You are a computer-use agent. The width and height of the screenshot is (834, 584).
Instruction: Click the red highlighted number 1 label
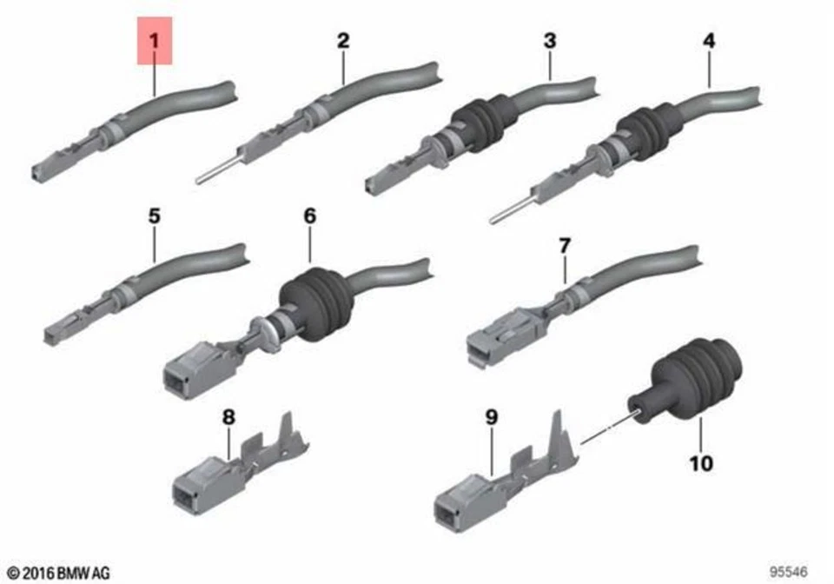(155, 41)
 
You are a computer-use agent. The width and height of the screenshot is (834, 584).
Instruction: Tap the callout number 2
(343, 40)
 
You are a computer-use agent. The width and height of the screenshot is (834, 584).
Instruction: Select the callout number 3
(549, 40)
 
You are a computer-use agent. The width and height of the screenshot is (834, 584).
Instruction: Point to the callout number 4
(710, 40)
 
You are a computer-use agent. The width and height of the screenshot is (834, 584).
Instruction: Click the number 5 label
(154, 216)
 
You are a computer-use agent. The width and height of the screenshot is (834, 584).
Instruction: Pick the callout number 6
(310, 216)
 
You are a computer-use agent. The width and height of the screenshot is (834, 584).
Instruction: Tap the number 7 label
(565, 246)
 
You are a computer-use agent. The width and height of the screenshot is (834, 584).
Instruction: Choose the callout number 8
(228, 417)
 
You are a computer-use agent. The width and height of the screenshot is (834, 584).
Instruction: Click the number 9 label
(492, 417)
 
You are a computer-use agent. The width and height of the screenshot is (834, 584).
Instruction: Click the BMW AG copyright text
(59, 572)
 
